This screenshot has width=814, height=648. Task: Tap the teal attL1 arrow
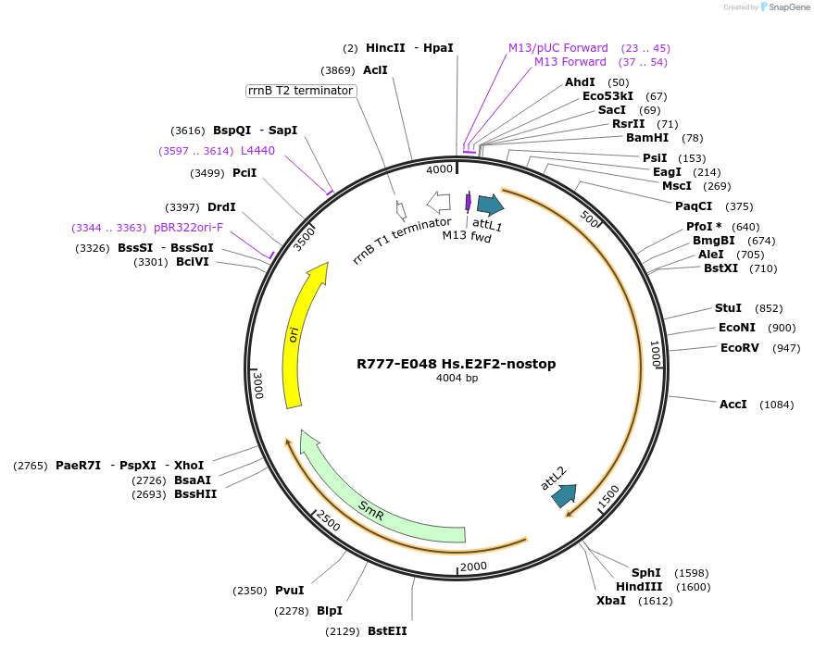(490, 205)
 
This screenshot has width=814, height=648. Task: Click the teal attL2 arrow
(563, 495)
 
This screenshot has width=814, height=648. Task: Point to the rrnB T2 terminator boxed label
(300, 91)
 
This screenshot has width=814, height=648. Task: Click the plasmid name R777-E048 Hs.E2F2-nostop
(457, 364)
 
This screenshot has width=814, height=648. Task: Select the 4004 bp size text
(457, 378)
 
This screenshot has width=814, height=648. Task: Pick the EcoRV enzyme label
(739, 348)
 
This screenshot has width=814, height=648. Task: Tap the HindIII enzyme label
(639, 587)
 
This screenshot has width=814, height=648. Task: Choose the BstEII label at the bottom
(387, 631)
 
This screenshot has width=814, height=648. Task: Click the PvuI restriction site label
(289, 591)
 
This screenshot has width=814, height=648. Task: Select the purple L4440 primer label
(257, 150)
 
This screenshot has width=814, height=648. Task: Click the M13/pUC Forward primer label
(557, 48)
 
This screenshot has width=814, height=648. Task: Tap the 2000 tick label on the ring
(472, 567)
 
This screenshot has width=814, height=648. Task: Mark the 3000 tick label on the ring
(259, 386)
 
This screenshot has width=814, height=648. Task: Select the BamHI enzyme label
(647, 138)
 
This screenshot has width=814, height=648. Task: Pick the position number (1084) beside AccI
(776, 405)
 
